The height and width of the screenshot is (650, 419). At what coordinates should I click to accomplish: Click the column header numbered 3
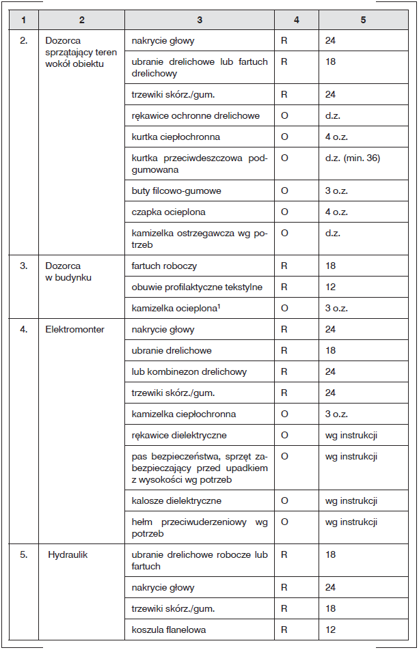(x=199, y=20)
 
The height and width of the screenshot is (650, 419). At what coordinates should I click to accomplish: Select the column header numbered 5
(x=363, y=20)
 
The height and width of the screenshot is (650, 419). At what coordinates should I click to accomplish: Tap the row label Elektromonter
(x=75, y=330)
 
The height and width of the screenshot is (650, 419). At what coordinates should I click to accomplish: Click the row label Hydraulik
(x=68, y=555)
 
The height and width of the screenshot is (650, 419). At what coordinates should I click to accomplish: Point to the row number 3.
(x=24, y=266)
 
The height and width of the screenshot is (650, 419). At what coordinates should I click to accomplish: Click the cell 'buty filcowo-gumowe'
(x=176, y=190)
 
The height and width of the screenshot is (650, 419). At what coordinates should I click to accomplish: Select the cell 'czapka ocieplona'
(x=168, y=212)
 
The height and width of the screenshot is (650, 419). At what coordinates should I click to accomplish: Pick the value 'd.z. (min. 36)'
(x=352, y=158)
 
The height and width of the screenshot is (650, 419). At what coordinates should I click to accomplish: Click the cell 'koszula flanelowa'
(x=169, y=630)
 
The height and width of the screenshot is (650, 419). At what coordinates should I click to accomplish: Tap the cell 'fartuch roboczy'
(x=164, y=266)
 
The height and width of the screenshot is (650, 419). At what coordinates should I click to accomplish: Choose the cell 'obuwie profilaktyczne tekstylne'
(x=197, y=287)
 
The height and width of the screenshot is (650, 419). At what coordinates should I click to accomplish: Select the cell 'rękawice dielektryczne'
(x=179, y=435)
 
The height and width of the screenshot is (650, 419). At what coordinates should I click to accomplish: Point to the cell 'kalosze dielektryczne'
(x=176, y=501)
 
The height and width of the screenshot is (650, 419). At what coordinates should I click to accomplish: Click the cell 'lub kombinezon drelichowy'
(x=189, y=372)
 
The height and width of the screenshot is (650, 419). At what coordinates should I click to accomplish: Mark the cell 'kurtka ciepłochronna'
(x=176, y=137)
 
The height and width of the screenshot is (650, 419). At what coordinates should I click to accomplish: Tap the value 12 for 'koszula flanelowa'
(x=331, y=630)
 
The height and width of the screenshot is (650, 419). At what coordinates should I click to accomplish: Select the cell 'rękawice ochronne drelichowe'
(x=195, y=116)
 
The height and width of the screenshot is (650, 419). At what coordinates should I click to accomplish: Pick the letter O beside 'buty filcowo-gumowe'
(x=284, y=190)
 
